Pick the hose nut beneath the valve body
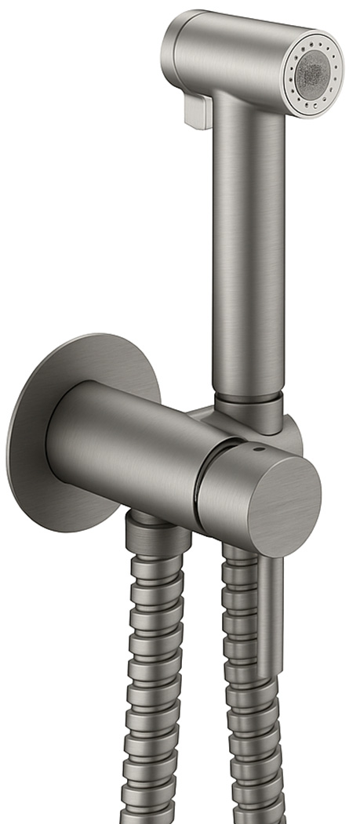point(157,537)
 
